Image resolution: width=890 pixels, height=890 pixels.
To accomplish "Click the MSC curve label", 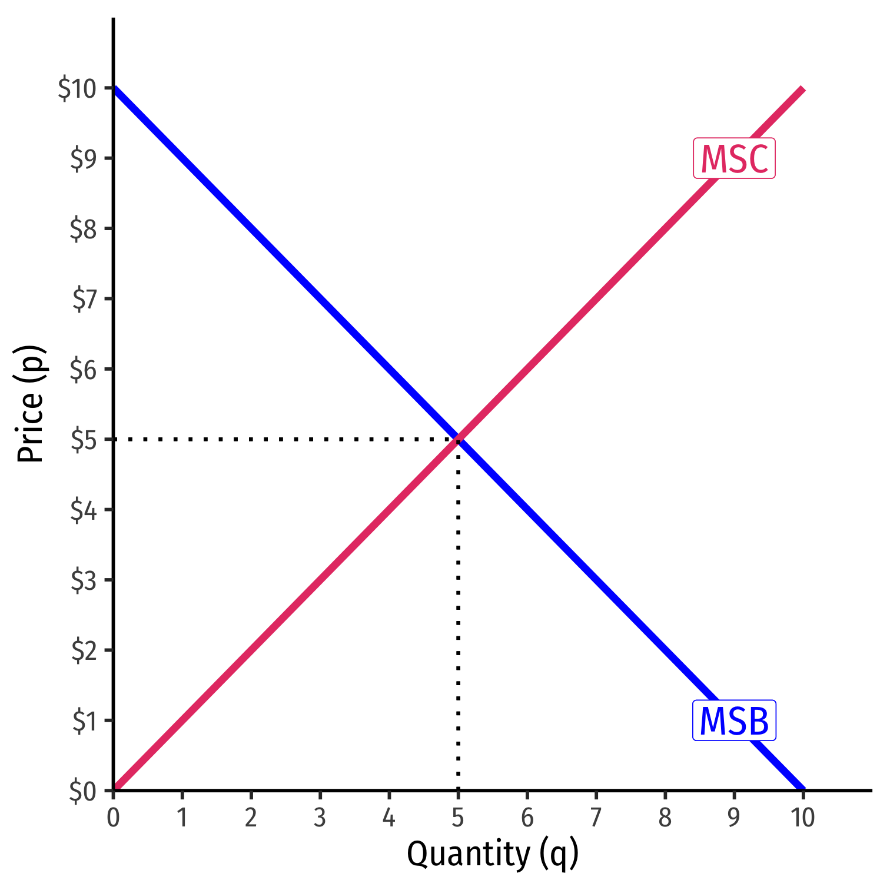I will [x=734, y=158].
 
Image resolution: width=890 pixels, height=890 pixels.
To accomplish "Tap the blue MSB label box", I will [x=734, y=720].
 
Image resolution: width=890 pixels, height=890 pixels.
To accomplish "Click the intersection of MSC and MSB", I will [x=458, y=439].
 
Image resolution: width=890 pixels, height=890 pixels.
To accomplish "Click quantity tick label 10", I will [x=802, y=818].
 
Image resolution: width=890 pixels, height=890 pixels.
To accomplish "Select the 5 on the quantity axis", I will [x=458, y=818].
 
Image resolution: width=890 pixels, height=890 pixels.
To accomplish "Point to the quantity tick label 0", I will [x=113, y=818].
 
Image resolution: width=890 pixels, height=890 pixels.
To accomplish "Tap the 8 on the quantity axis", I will [x=665, y=818].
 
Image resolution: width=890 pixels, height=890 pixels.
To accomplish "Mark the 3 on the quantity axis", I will [x=320, y=818].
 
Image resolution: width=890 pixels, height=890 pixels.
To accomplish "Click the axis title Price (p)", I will [x=31, y=404].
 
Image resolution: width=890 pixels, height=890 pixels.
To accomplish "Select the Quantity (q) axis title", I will [x=492, y=854].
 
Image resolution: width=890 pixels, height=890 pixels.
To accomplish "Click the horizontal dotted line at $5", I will [x=283, y=439].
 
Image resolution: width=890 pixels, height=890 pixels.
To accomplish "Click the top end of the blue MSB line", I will [x=115, y=89].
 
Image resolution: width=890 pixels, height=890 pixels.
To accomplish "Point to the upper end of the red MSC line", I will [x=802, y=89].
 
